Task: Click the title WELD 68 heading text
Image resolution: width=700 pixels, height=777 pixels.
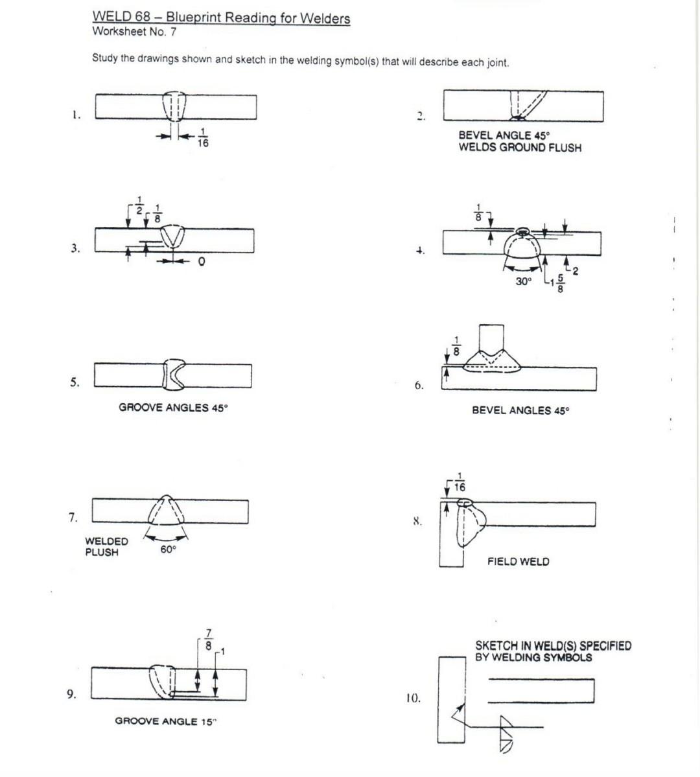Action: click(x=221, y=17)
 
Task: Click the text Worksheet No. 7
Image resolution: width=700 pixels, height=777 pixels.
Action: click(x=134, y=31)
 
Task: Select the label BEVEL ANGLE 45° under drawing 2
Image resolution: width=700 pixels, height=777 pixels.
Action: click(x=504, y=135)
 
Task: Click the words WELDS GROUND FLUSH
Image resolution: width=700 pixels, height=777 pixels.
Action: click(x=520, y=148)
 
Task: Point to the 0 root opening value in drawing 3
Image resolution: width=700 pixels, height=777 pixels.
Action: click(x=202, y=261)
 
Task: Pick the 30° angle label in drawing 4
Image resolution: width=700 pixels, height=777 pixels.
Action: click(x=523, y=282)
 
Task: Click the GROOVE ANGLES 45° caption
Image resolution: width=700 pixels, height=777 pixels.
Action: click(x=173, y=408)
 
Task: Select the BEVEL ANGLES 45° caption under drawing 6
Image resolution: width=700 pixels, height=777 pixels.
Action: click(x=520, y=410)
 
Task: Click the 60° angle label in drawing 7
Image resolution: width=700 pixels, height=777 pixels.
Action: click(x=168, y=550)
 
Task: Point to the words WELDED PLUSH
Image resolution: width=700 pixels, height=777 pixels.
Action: click(x=106, y=546)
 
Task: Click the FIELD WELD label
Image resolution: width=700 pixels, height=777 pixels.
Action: click(x=518, y=562)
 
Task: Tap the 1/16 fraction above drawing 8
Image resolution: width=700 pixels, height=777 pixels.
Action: click(x=460, y=483)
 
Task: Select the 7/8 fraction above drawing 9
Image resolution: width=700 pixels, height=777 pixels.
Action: click(x=208, y=640)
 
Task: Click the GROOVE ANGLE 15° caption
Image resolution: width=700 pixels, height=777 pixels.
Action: click(x=165, y=721)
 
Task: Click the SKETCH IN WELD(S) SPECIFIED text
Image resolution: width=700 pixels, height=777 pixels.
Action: click(x=553, y=646)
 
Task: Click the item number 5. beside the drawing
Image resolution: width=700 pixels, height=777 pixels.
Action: click(x=75, y=382)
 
